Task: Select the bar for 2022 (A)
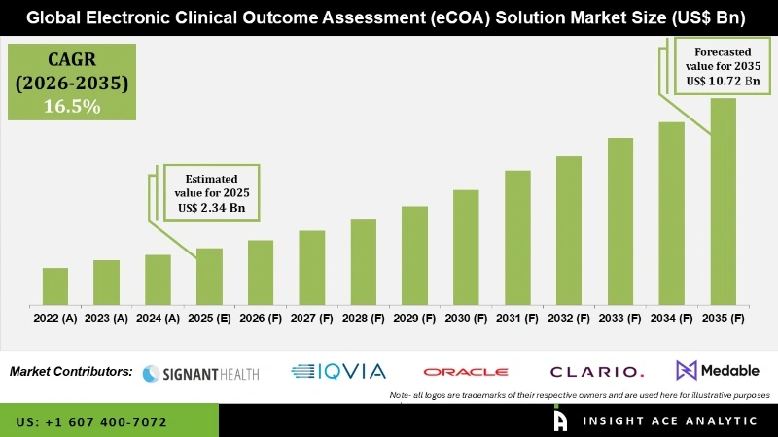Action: click(x=55, y=285)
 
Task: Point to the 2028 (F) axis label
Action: click(x=363, y=318)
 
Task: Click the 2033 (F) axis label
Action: click(x=619, y=318)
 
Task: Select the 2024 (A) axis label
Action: click(x=158, y=318)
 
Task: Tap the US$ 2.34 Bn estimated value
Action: click(x=211, y=207)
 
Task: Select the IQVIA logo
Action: click(x=339, y=371)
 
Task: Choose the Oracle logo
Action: click(x=465, y=372)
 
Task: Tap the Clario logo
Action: click(x=596, y=372)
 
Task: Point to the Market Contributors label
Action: click(x=71, y=371)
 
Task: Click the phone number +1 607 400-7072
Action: click(x=91, y=422)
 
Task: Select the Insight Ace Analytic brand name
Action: click(x=668, y=420)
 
